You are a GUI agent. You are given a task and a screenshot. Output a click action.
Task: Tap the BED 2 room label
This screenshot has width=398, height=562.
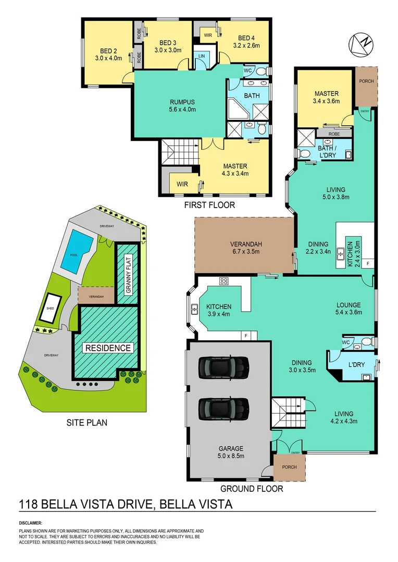pyautogui.click(x=111, y=55)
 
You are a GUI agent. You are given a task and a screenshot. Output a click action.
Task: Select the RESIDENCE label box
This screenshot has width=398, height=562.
pyautogui.click(x=108, y=348)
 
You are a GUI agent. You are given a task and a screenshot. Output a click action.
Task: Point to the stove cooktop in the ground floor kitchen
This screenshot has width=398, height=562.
pyautogui.click(x=225, y=281)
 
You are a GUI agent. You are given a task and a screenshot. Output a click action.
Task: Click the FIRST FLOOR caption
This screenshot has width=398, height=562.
pyautogui.click(x=209, y=205)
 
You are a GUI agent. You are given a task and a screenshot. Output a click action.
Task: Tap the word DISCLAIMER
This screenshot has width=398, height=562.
pyautogui.click(x=31, y=522)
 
